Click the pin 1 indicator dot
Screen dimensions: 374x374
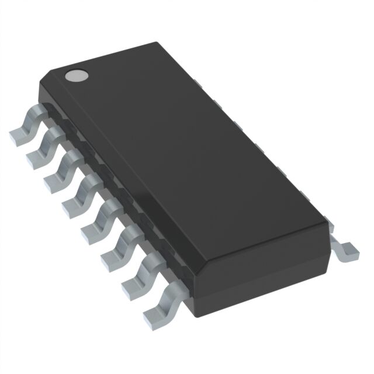click(x=76, y=75)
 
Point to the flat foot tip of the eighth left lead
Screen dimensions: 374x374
click(x=154, y=315)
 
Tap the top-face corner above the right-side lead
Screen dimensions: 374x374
click(x=328, y=221)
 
